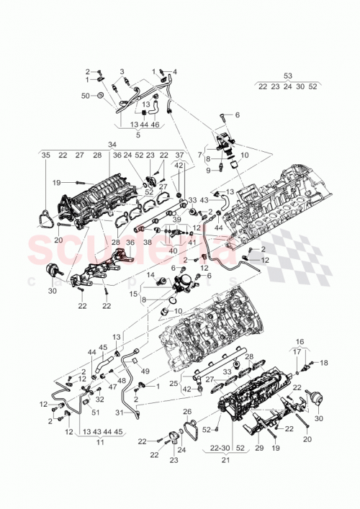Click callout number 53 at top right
tap(288, 76)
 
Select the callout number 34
tap(112, 145)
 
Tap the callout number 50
tap(85, 95)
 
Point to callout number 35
tap(45, 156)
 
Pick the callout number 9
tap(209, 171)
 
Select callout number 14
tap(150, 274)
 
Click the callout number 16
tap(300, 343)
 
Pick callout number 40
tap(173, 251)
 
